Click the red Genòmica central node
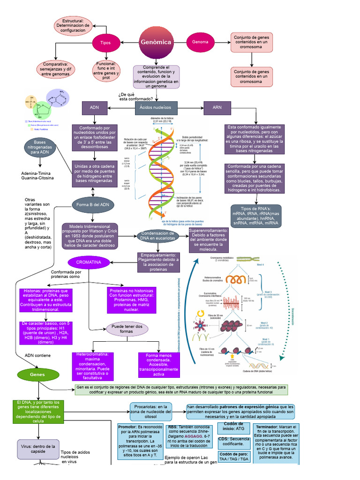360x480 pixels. [x=156, y=43]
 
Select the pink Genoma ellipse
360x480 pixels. [x=200, y=42]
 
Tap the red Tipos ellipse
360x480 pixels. [x=105, y=43]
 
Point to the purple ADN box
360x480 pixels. [x=95, y=107]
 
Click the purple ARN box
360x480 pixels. [x=217, y=107]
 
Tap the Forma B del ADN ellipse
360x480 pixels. [x=92, y=205]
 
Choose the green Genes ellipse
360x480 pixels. [x=37, y=375]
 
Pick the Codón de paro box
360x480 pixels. [x=233, y=457]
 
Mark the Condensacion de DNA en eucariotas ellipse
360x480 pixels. [x=158, y=236]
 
